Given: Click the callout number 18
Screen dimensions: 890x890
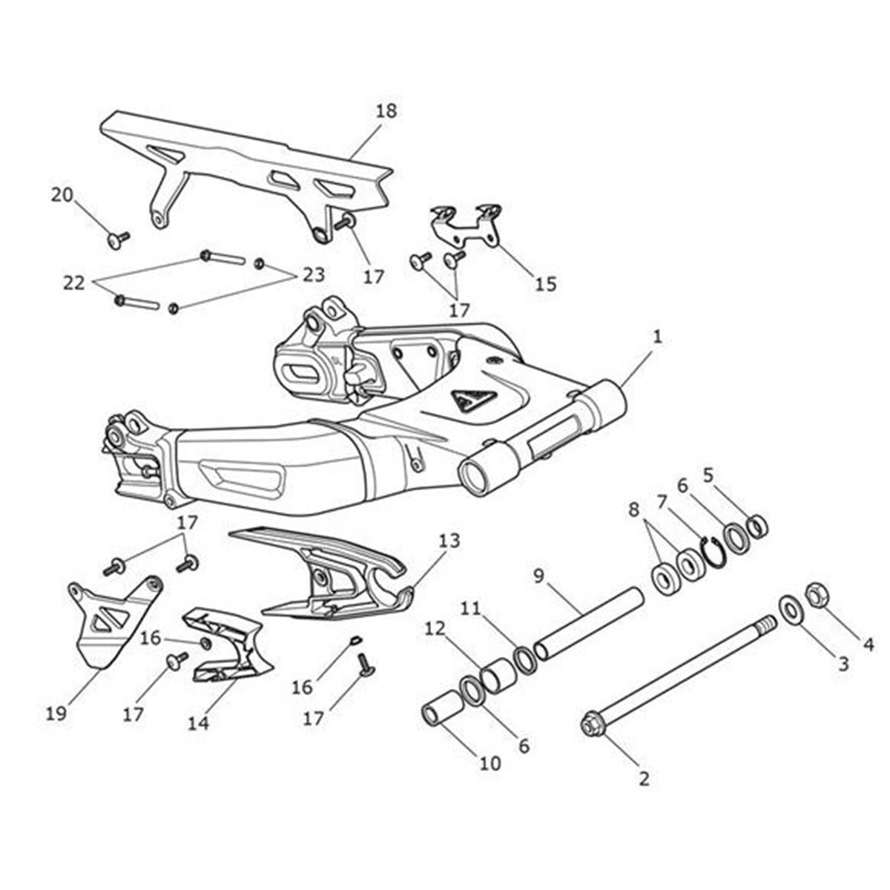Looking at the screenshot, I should point(386,111).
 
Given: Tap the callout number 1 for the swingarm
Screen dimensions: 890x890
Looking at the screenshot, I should point(657,337).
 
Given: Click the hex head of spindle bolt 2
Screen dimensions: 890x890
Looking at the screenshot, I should point(591,725).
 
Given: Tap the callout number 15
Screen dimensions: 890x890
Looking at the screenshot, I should point(546,283).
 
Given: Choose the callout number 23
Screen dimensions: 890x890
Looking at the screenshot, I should point(313,275).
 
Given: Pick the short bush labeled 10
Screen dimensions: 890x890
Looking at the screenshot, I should point(439,716).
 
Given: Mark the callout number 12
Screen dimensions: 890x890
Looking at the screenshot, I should point(436,629).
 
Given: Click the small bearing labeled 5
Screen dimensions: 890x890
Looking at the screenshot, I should point(757,526).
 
